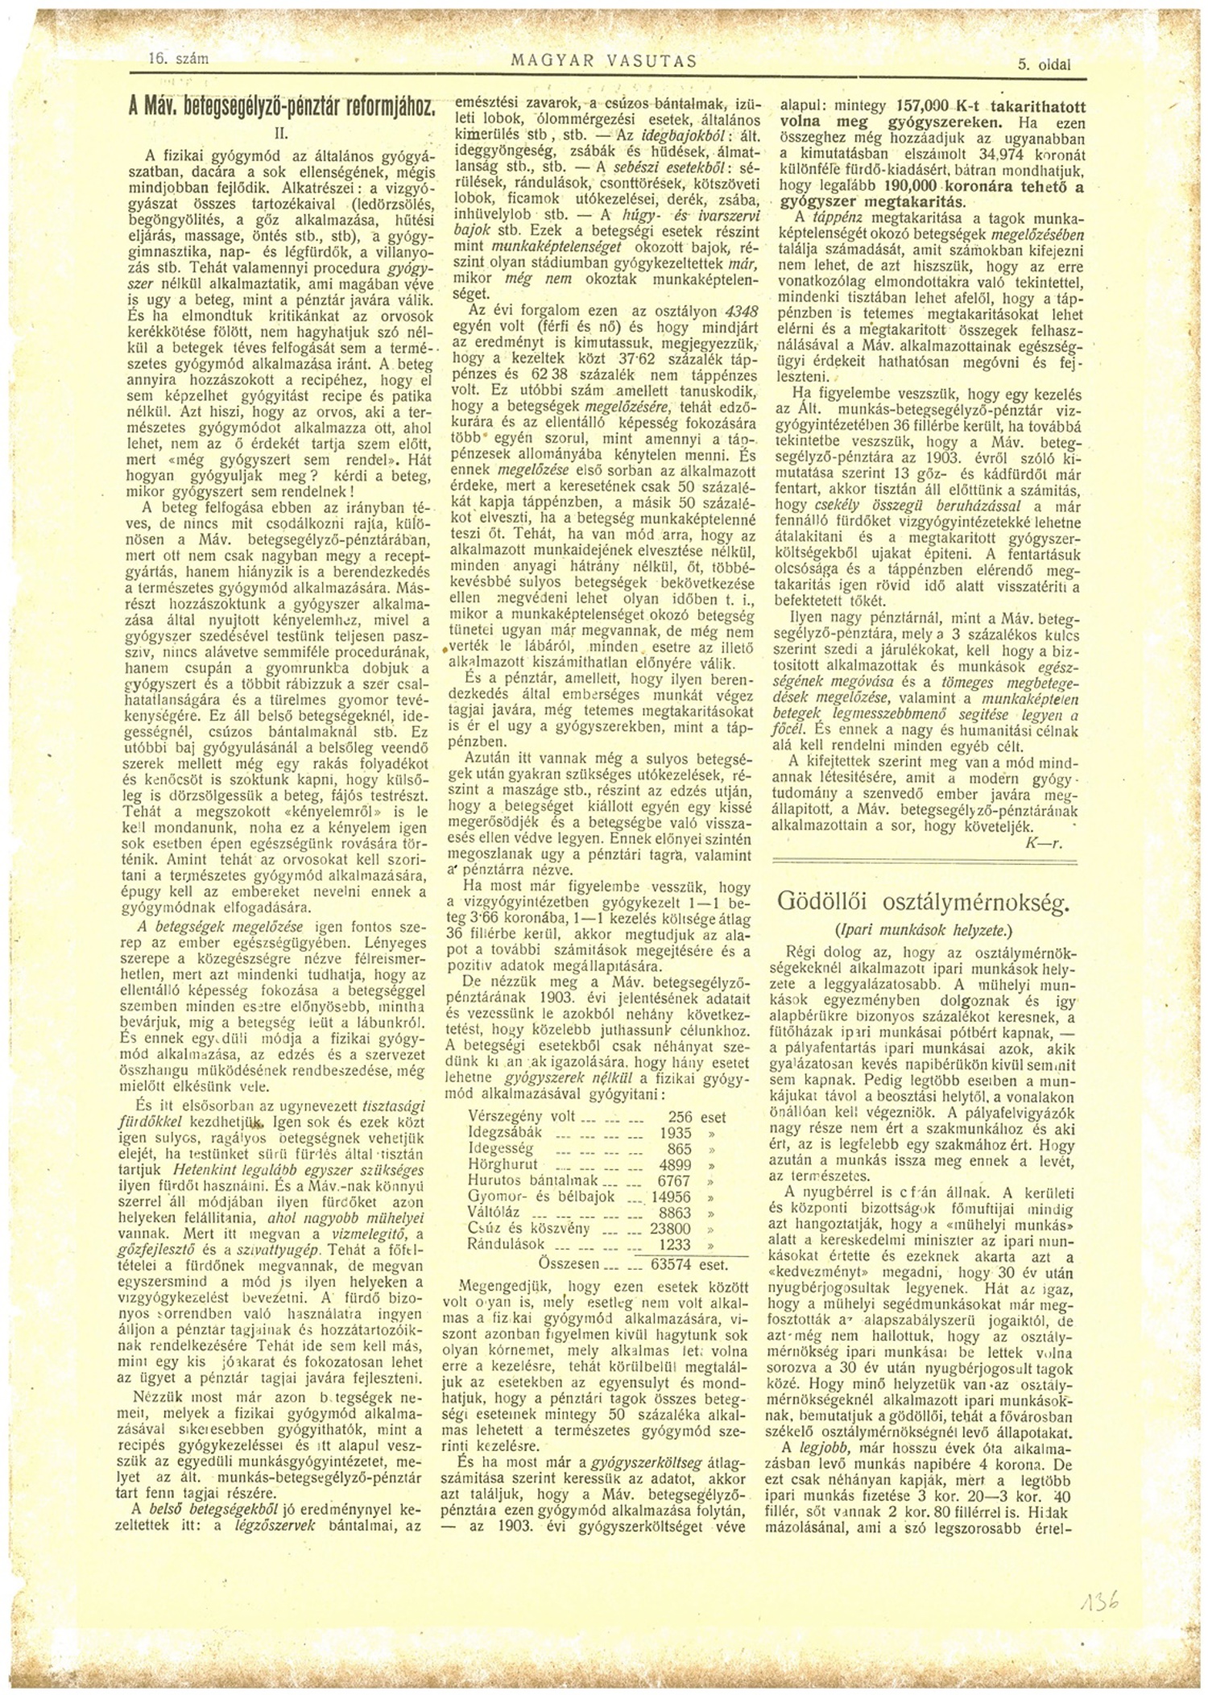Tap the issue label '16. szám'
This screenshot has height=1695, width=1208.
click(x=180, y=58)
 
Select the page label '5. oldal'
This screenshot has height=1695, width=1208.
click(x=1044, y=67)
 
